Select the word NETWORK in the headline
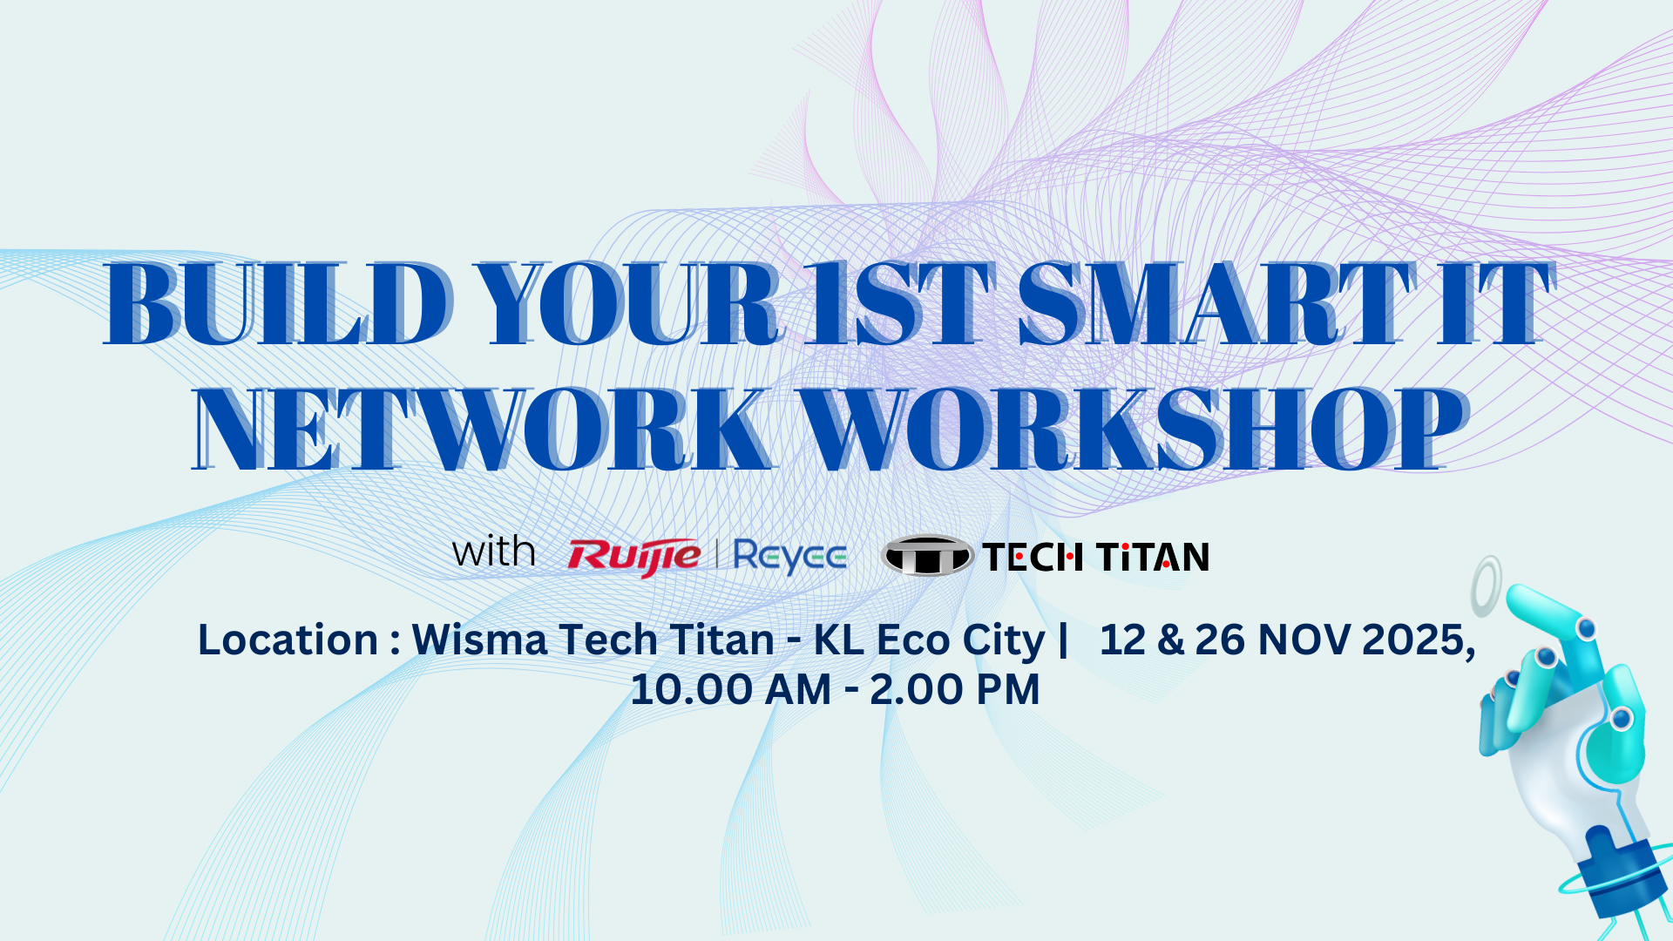(483, 430)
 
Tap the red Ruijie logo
(633, 557)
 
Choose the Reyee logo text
(789, 557)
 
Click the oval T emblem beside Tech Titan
(926, 555)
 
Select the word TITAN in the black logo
(1152, 557)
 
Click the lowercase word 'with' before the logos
(493, 552)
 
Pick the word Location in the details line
(288, 640)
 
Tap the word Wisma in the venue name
(479, 640)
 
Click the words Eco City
(960, 641)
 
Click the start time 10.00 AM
(730, 689)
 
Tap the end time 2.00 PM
(954, 689)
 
